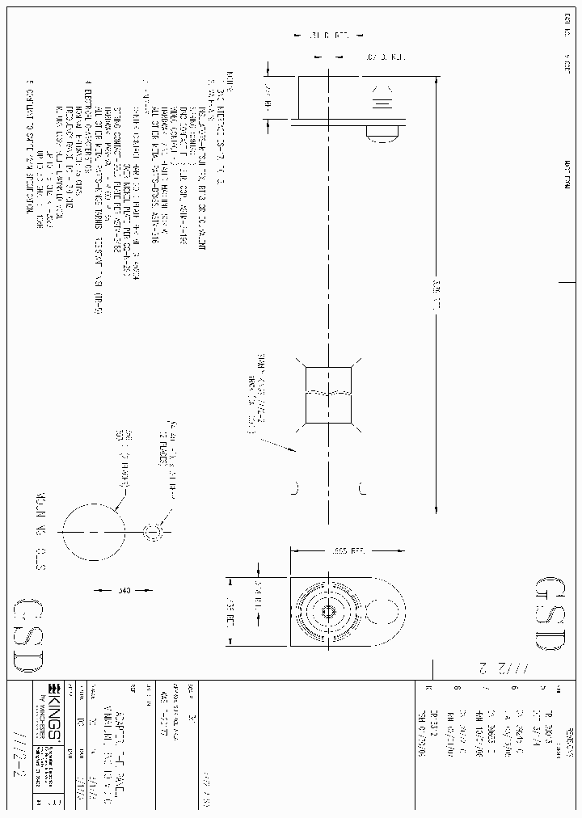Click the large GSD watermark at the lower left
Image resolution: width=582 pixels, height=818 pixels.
(25, 638)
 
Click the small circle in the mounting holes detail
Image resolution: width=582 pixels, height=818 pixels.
(154, 533)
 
